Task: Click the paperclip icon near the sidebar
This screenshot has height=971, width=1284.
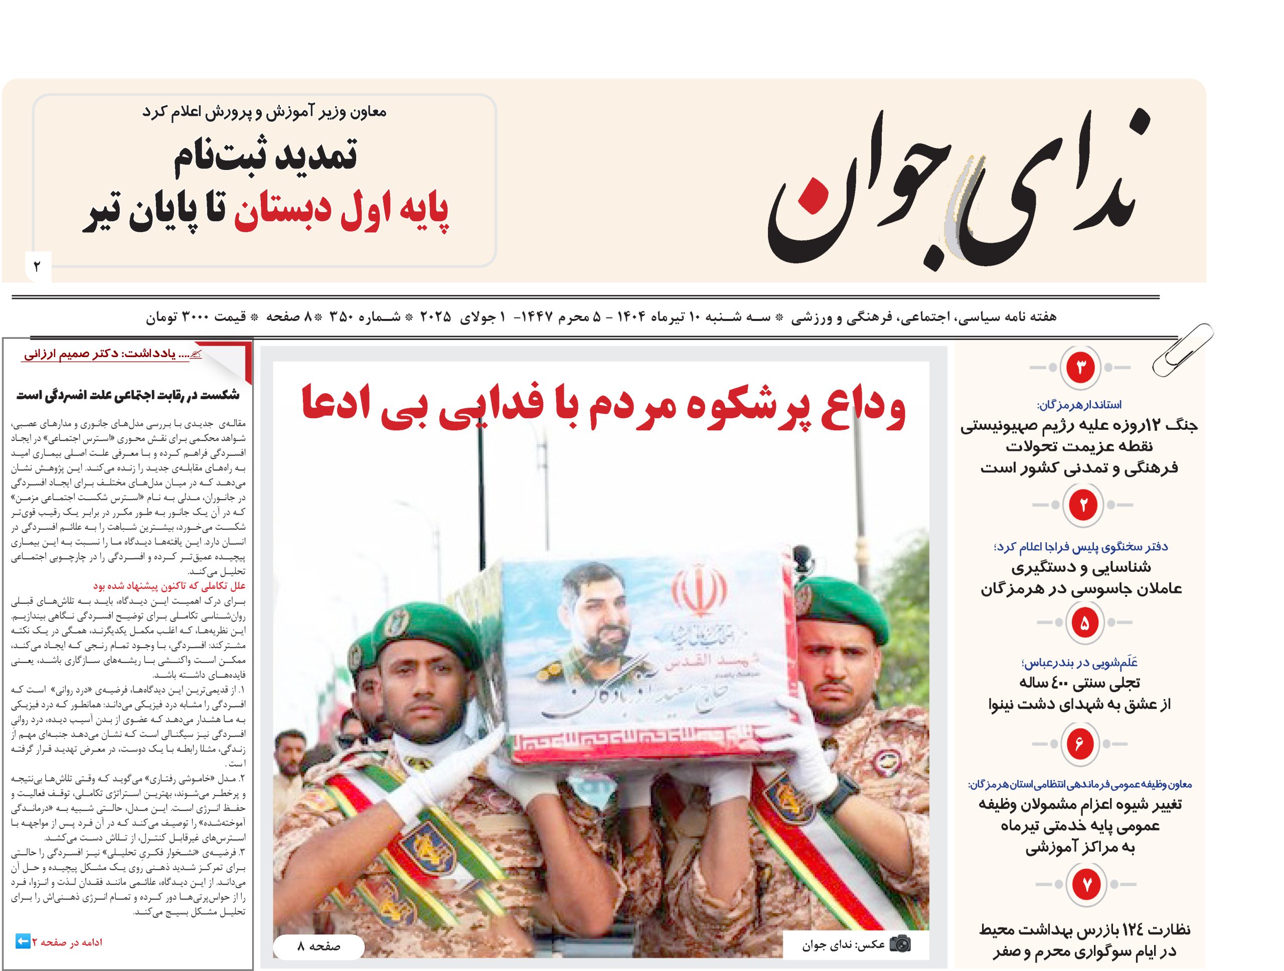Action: (1182, 350)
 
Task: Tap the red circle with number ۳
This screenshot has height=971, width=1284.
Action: (1080, 367)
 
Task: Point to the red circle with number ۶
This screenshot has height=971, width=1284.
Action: (1079, 743)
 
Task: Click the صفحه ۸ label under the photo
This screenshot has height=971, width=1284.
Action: (318, 946)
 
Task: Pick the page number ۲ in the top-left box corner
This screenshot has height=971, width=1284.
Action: (38, 266)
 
